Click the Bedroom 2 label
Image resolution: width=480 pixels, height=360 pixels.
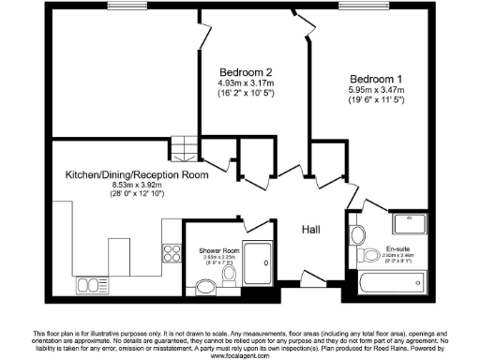(247, 72)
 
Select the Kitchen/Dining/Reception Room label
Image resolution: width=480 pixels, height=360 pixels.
(136, 175)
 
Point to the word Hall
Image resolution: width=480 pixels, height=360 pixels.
(312, 229)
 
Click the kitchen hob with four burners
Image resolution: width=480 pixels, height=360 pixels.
(172, 252)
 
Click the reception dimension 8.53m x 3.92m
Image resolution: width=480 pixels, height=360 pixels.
(136, 186)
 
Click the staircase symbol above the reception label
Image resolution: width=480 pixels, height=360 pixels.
(186, 146)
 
